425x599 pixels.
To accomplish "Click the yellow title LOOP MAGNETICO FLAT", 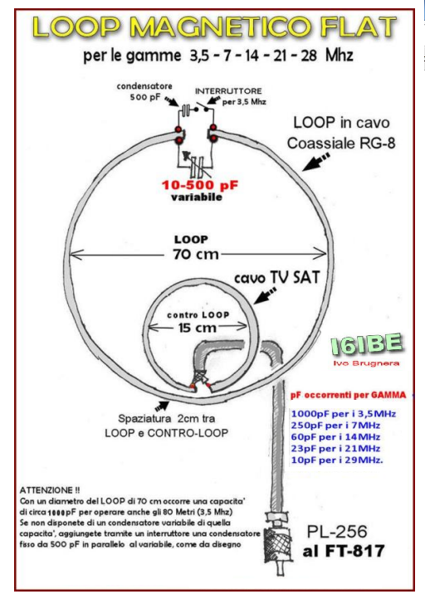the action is tap(214, 27).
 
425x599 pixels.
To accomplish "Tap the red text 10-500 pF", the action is tap(200, 185).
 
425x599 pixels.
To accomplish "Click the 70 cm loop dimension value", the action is tap(196, 254).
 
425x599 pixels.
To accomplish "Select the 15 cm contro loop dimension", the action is tap(198, 328).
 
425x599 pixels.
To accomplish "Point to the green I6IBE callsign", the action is tap(367, 344).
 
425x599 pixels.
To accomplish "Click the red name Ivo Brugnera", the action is tap(366, 363).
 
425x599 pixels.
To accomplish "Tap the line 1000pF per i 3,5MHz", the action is tap(343, 414).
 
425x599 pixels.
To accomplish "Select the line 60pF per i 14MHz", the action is tap(335, 436).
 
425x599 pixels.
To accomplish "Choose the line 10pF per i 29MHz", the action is tap(337, 460).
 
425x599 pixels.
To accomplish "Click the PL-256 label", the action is tap(337, 532).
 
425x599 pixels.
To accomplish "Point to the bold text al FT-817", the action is tap(344, 551).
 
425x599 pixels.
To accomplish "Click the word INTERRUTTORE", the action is tap(228, 91).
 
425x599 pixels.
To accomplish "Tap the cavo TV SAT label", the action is tap(276, 277).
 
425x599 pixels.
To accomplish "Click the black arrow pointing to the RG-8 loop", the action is tap(315, 162).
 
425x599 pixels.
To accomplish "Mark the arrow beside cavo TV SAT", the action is tap(265, 296).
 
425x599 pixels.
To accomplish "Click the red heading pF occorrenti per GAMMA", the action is tap(348, 395).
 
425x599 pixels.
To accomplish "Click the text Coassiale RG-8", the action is tap(341, 144).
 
